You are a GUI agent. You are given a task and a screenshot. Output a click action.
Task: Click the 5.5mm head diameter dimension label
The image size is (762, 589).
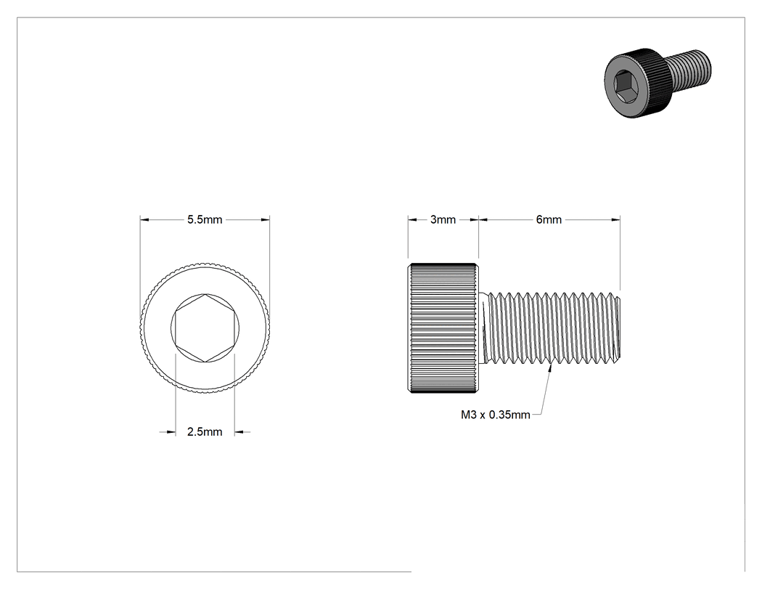(205, 220)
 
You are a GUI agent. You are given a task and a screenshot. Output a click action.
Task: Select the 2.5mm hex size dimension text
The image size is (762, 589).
(205, 432)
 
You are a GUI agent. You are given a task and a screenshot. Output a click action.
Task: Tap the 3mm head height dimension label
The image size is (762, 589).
(443, 220)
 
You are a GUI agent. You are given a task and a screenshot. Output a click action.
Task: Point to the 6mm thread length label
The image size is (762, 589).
(549, 220)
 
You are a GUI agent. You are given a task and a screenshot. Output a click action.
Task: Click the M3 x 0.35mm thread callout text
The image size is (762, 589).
(495, 415)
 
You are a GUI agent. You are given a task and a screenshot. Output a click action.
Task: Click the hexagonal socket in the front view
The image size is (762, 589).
(205, 328)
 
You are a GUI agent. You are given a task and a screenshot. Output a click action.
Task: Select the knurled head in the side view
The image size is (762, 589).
(442, 328)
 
